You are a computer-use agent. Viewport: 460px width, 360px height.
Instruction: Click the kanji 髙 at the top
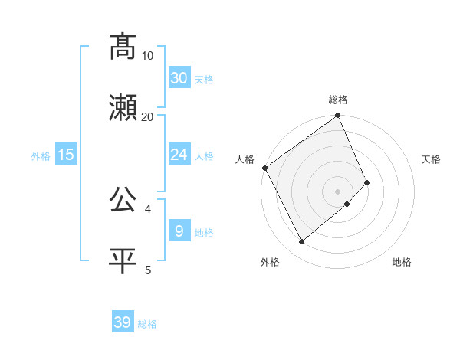(123, 47)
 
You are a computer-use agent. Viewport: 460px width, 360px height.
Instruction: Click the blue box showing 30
(179, 77)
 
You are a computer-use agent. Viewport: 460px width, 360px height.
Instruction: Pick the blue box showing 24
(179, 155)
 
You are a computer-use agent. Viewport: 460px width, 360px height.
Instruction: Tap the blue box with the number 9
(179, 231)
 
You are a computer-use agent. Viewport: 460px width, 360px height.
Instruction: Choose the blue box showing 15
(66, 155)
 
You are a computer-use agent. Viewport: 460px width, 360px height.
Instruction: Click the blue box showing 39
(122, 322)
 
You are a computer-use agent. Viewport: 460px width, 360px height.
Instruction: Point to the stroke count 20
(148, 116)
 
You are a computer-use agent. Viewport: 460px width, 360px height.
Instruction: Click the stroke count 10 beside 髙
(148, 55)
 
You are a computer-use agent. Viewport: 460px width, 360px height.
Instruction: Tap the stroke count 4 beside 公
(148, 208)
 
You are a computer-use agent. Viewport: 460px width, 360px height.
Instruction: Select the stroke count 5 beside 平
(148, 270)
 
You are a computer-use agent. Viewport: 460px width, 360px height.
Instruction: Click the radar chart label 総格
(338, 100)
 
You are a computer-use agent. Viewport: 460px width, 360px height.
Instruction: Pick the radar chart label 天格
(431, 159)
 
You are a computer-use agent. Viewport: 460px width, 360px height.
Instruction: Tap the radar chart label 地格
(402, 262)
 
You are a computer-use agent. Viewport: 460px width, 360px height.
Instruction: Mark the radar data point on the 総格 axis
(338, 116)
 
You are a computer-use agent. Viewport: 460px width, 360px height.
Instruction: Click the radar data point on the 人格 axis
(264, 168)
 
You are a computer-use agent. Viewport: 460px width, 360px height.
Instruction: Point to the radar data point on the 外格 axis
(301, 242)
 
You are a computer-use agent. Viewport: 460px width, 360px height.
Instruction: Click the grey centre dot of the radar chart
(338, 191)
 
